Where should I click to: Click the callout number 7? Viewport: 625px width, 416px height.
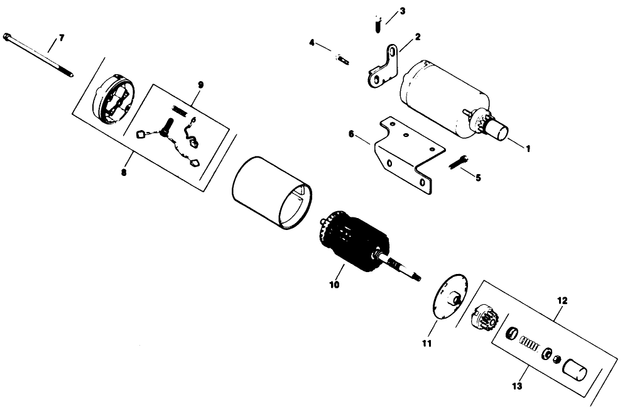pos(61,39)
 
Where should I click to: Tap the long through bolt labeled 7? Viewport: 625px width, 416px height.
pos(38,55)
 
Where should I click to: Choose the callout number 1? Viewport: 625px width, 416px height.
pos(528,149)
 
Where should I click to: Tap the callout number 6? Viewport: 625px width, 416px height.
pos(352,134)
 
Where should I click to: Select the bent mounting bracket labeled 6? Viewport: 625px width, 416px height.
pos(405,154)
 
